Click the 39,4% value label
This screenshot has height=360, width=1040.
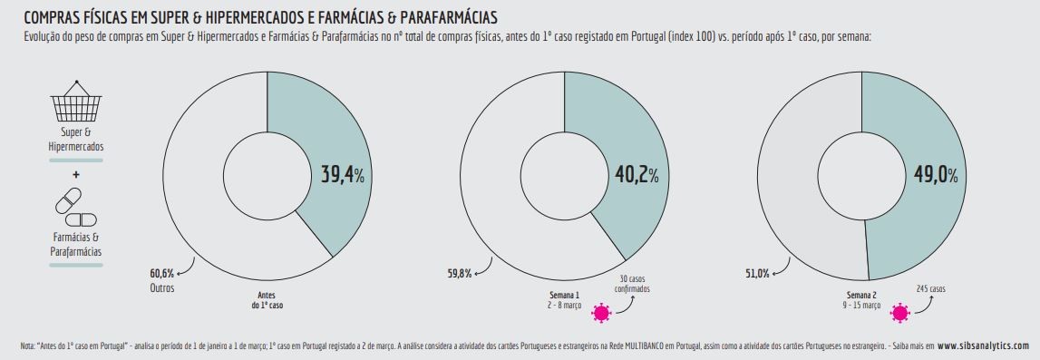click(x=342, y=175)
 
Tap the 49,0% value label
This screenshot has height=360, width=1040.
click(x=932, y=175)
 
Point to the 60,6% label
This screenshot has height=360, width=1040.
click(x=162, y=273)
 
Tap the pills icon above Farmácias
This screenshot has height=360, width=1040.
click(x=76, y=207)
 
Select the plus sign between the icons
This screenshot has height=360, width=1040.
click(x=76, y=174)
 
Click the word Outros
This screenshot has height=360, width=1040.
click(x=162, y=287)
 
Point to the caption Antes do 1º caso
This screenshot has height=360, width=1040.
click(x=267, y=300)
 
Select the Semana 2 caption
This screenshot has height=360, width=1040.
click(x=862, y=300)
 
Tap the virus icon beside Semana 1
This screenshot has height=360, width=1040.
click(x=600, y=314)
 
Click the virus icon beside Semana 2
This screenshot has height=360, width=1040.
click(x=899, y=314)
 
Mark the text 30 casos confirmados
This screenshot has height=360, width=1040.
click(x=636, y=284)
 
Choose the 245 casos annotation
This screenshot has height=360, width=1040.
click(x=930, y=288)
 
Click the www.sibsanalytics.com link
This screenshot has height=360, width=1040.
click(x=983, y=345)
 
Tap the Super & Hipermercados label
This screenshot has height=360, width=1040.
click(x=76, y=140)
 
